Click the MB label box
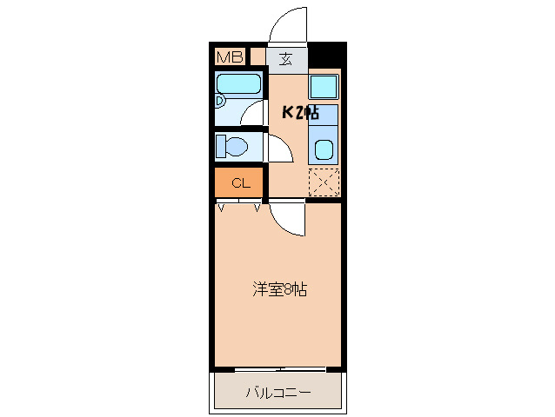pos(230,57)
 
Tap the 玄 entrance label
pos(286,59)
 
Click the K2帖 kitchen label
pos(299,112)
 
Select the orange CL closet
pos(240,182)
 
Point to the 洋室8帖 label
pos(279,289)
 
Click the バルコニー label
pos(277,393)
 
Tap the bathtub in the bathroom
pos(239,85)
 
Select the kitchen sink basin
pos(324,149)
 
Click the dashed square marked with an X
pos(324,182)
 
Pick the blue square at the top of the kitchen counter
pos(324,86)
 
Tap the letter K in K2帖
pos(288,112)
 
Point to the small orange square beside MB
pos(257,57)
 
